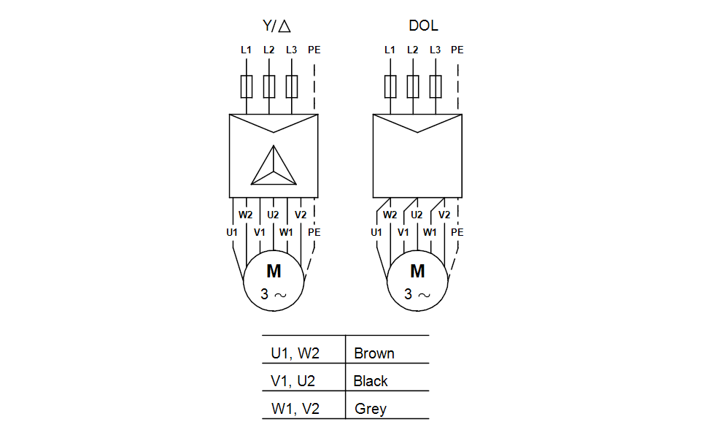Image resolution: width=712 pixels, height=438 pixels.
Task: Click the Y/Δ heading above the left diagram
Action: click(276, 26)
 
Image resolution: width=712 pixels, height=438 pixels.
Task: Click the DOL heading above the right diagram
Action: click(423, 26)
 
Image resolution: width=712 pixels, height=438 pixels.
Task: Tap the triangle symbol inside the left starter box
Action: click(274, 166)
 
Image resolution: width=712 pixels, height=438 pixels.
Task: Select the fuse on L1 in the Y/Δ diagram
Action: click(247, 87)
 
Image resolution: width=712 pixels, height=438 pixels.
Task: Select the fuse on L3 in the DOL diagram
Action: click(436, 87)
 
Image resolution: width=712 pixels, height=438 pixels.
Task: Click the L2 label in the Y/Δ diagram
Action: click(268, 50)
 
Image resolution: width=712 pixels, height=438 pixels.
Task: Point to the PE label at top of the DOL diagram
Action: click(457, 50)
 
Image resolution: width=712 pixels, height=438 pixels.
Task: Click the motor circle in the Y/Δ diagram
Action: click(274, 281)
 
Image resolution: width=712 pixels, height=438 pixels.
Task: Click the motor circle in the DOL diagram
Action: click(417, 281)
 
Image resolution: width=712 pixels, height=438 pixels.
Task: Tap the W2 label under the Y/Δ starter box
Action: click(246, 215)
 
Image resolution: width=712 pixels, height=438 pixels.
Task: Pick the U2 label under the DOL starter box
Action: click(417, 215)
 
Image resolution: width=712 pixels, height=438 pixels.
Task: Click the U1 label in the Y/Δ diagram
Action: click(232, 232)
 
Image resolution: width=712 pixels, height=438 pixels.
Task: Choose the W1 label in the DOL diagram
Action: click(430, 232)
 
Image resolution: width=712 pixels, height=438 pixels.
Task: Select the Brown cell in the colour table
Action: click(374, 353)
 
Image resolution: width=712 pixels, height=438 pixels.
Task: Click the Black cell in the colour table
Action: click(371, 381)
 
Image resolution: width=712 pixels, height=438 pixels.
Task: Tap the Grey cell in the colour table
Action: click(371, 409)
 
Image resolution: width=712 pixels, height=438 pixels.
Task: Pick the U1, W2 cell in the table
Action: click(295, 353)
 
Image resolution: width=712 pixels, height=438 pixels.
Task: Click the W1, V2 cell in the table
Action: click(295, 409)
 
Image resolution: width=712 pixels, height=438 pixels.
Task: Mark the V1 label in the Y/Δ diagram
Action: click(260, 232)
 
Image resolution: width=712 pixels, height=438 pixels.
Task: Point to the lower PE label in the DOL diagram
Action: click(457, 232)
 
